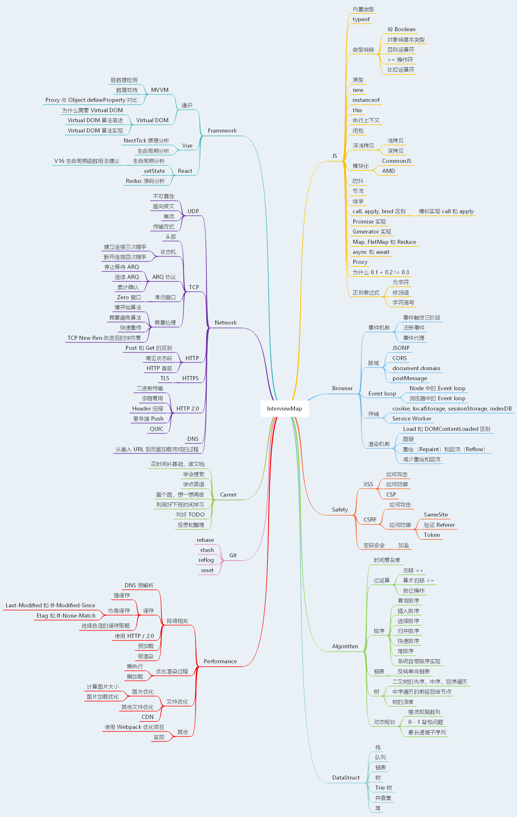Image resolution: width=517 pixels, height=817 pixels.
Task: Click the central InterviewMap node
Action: (284, 408)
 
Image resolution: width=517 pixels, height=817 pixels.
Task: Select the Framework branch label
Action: (222, 131)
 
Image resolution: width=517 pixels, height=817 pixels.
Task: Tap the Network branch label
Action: (226, 323)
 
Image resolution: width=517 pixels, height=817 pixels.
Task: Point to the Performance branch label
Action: (220, 661)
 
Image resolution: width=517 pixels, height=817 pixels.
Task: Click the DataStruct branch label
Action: (346, 778)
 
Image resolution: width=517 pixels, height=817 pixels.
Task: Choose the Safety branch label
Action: (340, 510)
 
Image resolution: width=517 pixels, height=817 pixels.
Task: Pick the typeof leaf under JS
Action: (361, 19)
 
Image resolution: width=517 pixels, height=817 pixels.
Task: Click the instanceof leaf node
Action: (366, 100)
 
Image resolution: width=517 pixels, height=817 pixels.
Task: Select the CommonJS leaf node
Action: (397, 161)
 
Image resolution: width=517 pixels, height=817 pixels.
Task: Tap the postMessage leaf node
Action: (410, 378)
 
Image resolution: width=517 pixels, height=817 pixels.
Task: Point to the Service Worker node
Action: (412, 419)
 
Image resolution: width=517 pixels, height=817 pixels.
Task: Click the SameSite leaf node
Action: (435, 515)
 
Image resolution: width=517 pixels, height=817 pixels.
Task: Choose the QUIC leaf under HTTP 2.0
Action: (156, 429)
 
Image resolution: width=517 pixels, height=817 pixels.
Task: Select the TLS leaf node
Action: (165, 378)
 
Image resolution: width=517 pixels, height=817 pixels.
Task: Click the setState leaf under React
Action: (154, 171)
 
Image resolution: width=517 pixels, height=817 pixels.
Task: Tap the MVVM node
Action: (160, 90)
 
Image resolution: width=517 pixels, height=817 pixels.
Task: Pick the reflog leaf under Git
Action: (206, 560)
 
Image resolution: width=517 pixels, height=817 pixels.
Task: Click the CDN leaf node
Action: (147, 717)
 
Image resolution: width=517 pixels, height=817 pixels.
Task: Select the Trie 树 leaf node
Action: (383, 788)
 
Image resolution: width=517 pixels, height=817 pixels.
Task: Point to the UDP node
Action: (193, 211)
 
